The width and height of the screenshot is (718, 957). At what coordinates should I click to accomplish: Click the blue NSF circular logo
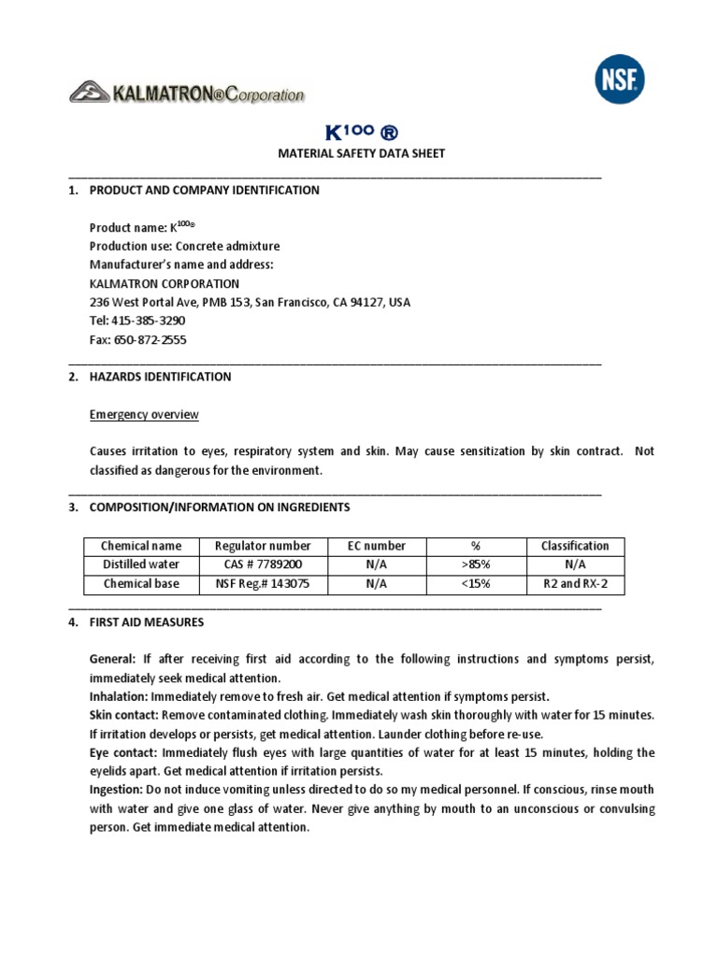(620, 79)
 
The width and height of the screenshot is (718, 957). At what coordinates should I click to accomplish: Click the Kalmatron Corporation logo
(187, 93)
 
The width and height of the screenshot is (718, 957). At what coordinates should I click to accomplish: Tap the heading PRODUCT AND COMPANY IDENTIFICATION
(204, 190)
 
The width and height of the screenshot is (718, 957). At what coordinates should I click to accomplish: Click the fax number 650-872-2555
(150, 340)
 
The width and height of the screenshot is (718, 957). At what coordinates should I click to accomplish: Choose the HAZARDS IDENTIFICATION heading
(160, 377)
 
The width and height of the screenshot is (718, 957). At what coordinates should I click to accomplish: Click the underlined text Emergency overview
(144, 414)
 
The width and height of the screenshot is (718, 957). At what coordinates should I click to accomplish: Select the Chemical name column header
(141, 546)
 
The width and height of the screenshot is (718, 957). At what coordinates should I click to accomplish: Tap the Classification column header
(575, 546)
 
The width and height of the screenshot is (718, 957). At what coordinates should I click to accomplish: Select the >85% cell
(476, 564)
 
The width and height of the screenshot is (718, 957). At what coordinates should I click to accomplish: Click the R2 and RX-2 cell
(575, 584)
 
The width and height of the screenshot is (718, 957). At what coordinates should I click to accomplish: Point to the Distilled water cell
(141, 564)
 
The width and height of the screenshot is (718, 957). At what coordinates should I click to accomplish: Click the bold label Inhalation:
(118, 696)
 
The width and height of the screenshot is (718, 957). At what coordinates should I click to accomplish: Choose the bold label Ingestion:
(116, 790)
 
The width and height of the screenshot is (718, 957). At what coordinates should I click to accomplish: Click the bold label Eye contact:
(123, 752)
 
